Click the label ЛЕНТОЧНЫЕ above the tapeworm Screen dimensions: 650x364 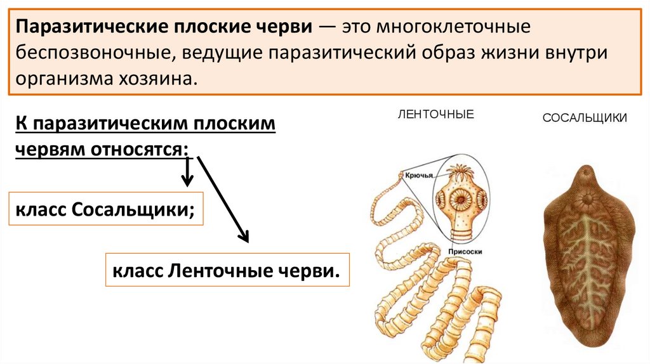(435, 115)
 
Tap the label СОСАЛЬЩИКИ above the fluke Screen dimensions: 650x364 (585, 117)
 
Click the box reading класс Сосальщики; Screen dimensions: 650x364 (105, 209)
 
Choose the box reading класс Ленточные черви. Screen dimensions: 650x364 (227, 271)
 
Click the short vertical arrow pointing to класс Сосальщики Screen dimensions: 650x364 (187, 172)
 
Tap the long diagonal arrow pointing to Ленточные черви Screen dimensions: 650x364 (222, 199)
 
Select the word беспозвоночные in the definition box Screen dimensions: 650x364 (91, 53)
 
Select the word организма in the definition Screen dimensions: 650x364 (62, 79)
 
